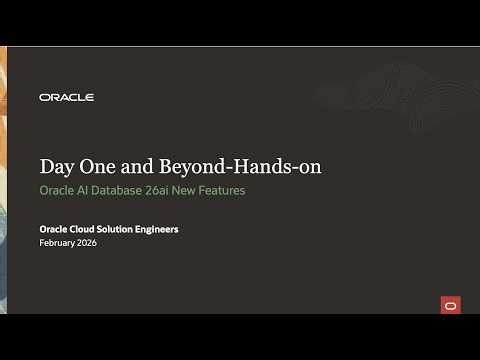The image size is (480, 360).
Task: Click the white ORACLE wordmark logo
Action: (66, 97)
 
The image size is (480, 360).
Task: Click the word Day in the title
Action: (55, 165)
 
